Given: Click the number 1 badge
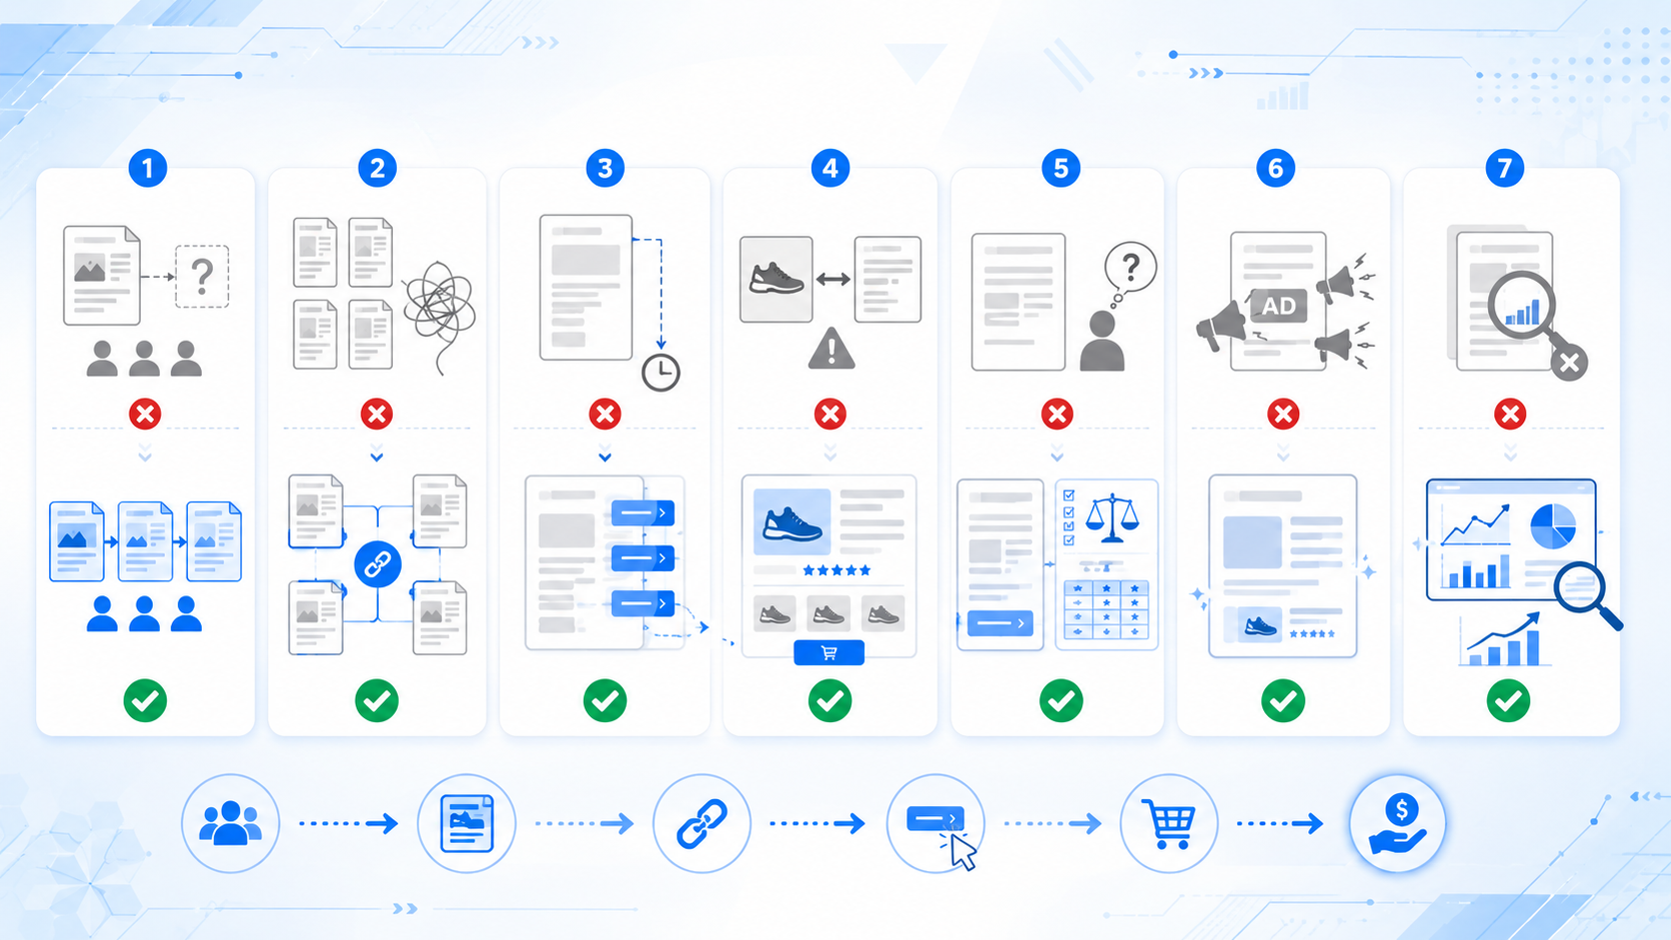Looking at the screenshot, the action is [147, 169].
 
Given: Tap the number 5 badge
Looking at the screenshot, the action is [1060, 169].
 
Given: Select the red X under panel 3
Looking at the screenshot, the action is [605, 414].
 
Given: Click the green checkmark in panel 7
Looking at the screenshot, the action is [1508, 700].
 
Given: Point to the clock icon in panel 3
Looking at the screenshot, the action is [661, 373].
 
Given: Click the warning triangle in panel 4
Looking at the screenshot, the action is [832, 349].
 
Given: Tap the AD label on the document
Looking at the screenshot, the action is [1278, 306].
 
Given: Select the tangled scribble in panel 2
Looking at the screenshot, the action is [440, 312].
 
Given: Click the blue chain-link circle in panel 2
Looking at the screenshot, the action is [378, 564].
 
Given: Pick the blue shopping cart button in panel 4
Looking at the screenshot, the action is [829, 653].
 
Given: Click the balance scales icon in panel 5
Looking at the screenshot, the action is [1111, 517].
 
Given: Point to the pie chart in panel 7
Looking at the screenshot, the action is [1552, 525].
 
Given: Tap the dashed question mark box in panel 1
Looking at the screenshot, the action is [202, 277].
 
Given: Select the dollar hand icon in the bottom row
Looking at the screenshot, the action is [1397, 824].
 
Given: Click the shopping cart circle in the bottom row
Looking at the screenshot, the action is [1169, 824].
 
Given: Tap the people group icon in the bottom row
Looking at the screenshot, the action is [231, 823].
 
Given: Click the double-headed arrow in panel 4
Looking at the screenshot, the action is [834, 280].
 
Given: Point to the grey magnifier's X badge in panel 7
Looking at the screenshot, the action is [1569, 363].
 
